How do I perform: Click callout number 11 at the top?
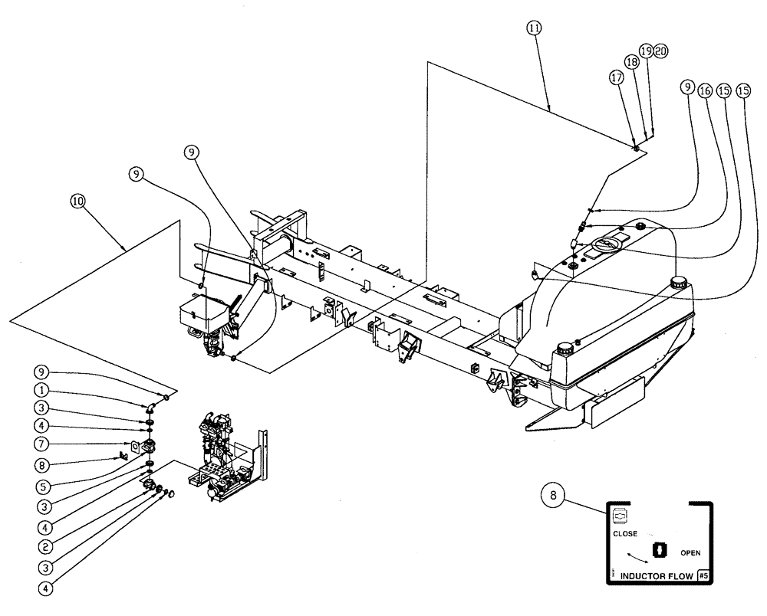point(535,28)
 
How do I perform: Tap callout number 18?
point(631,64)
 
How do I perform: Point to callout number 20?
point(660,51)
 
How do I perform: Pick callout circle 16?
point(705,89)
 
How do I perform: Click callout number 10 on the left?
point(77,202)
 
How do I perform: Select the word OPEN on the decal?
point(690,552)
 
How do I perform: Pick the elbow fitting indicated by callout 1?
point(153,404)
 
